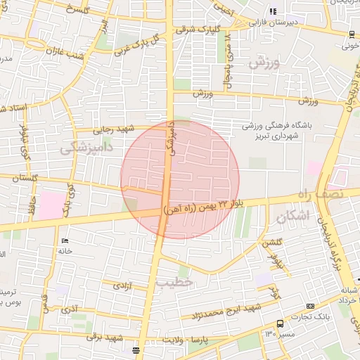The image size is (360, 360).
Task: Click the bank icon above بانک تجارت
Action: point(310,305)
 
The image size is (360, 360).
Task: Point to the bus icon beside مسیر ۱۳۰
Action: point(281,324)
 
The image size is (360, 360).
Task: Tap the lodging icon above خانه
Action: point(65,241)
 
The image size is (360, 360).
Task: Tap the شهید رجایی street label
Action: point(114,129)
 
